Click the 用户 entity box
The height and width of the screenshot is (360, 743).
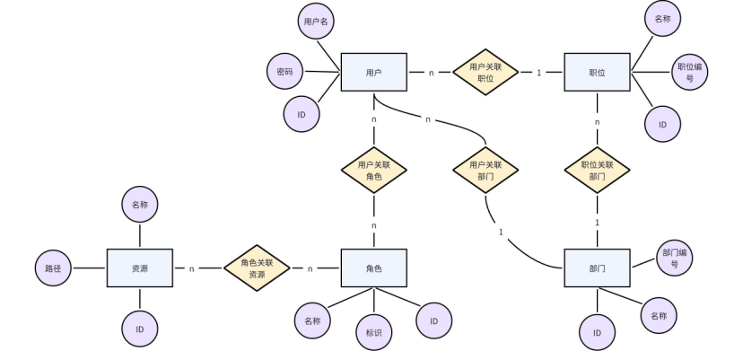[x=374, y=72]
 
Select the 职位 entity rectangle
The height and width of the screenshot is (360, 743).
[x=598, y=72]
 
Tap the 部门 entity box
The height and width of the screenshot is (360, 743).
[x=598, y=268]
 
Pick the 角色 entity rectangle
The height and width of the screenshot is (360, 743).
[x=374, y=268]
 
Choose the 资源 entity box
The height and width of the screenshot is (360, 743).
[x=140, y=268]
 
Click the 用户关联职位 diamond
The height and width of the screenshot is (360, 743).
[x=485, y=72]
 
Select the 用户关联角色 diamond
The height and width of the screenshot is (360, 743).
[x=374, y=170]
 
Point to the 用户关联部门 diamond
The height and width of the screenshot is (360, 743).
[x=485, y=170]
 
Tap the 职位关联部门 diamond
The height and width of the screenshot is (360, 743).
[x=598, y=170]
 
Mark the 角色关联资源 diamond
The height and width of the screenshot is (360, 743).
[x=258, y=268]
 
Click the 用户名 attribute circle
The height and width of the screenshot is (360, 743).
[x=316, y=21]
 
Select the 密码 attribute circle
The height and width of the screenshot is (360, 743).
[x=284, y=71]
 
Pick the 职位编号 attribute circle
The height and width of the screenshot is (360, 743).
[x=689, y=73]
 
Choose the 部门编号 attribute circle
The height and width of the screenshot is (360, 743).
[x=675, y=259]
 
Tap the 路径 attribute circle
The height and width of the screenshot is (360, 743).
[x=53, y=268]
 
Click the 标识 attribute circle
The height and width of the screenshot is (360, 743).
[x=374, y=332]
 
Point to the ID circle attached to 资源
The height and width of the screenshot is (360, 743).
[x=140, y=329]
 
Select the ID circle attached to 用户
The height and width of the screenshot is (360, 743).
[x=302, y=114]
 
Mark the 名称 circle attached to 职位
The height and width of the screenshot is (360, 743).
[x=662, y=18]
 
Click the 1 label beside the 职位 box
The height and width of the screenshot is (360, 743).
[x=539, y=72]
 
